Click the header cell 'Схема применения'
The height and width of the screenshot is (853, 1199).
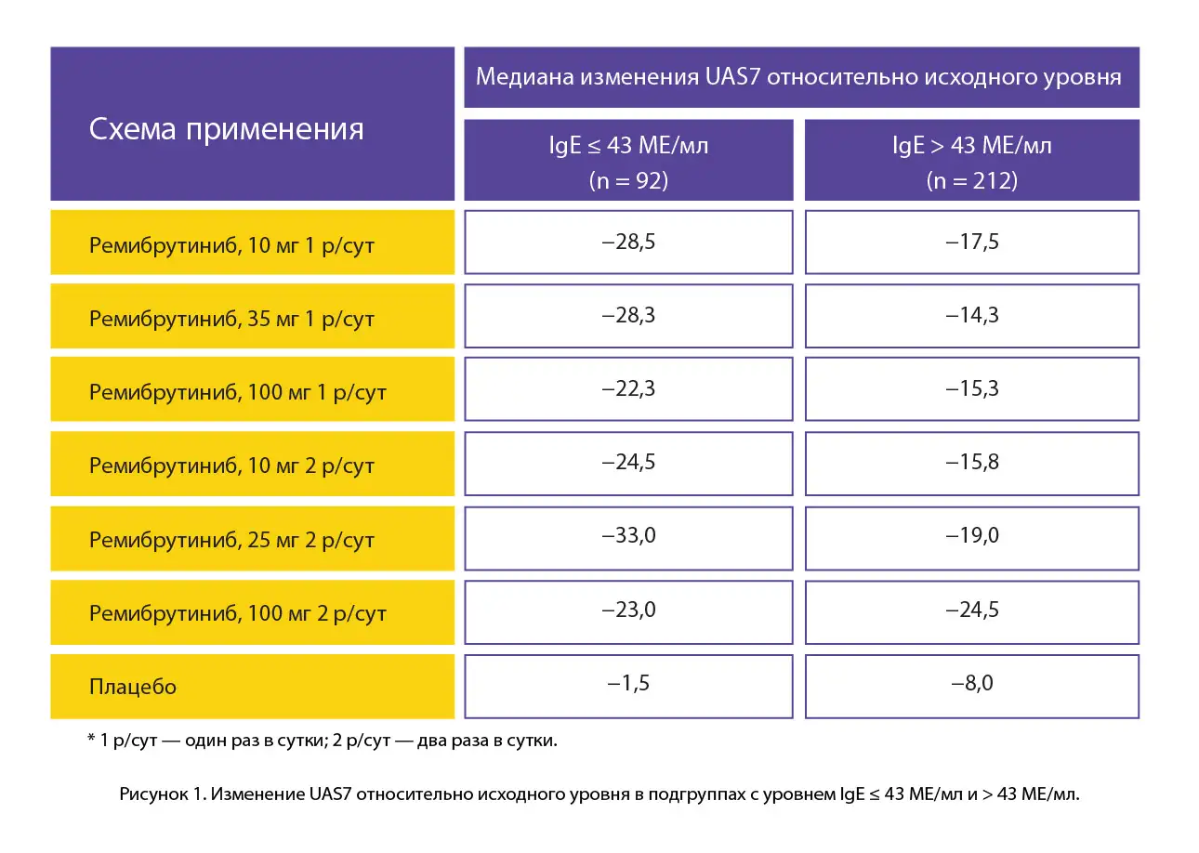(226, 128)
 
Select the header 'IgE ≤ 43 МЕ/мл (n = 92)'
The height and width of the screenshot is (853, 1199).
(628, 161)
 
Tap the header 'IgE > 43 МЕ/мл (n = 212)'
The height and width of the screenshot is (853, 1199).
(971, 161)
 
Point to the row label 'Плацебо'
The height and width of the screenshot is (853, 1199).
(133, 688)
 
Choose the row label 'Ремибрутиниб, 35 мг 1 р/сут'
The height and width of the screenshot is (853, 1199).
(231, 319)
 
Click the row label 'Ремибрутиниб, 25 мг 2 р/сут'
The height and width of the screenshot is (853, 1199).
(231, 540)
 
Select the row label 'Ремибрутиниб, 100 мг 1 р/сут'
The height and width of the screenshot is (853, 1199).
(237, 392)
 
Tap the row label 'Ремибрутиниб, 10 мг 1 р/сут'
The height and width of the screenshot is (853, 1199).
(231, 245)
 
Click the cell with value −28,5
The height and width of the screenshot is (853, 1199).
(628, 242)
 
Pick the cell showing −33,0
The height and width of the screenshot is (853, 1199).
(628, 536)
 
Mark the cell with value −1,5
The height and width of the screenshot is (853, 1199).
(628, 684)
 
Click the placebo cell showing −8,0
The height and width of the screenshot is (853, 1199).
(971, 684)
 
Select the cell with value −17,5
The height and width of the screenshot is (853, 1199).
(971, 242)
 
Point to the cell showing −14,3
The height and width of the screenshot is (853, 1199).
(971, 315)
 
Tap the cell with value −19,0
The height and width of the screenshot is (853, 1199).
(971, 536)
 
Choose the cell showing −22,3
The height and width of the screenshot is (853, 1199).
(628, 388)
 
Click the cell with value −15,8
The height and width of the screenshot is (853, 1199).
(971, 462)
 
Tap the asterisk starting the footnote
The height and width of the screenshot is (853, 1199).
(91, 740)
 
